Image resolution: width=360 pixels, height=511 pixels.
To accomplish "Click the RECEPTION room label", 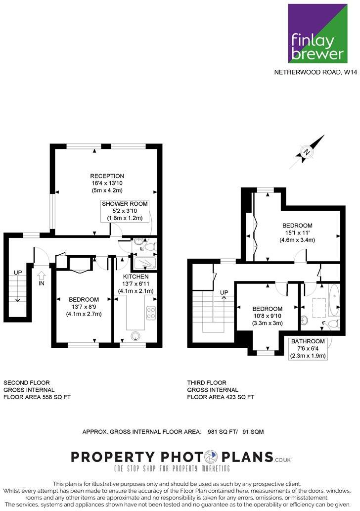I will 107,176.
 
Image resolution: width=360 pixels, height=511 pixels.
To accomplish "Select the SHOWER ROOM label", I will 125,204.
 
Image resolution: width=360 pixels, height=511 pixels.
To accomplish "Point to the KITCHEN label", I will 135,277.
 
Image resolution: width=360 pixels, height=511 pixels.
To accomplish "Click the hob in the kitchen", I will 151,313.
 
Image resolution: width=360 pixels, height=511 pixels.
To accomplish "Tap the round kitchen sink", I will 135,336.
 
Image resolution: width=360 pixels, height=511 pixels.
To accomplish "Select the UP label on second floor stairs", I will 18,273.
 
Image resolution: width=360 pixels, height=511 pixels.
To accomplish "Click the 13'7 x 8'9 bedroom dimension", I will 84,307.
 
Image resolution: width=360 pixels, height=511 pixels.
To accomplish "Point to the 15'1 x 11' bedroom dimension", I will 297,233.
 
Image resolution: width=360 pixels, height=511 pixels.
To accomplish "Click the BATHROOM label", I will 308,341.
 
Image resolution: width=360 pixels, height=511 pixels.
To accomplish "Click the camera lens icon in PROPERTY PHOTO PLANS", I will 211,456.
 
